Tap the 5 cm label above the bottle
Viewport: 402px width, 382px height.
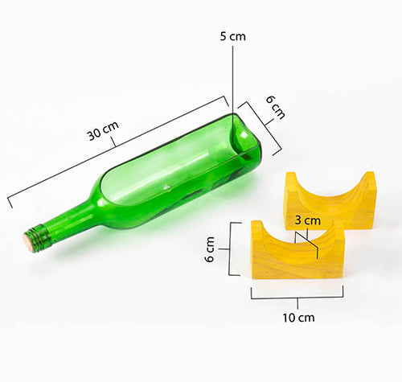pyautogui.click(x=232, y=36)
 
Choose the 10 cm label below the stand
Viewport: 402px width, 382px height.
pyautogui.click(x=298, y=317)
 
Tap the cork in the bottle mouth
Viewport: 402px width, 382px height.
pyautogui.click(x=29, y=241)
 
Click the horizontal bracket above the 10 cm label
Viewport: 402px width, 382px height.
pyautogui.click(x=297, y=297)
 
